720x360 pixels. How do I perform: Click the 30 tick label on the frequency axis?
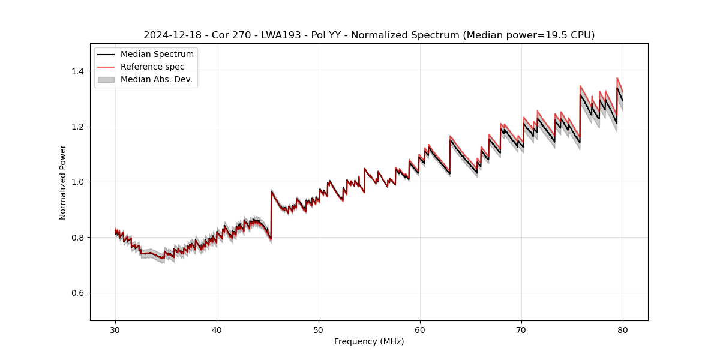pos(115,329)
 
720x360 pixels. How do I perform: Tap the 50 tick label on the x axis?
pos(318,329)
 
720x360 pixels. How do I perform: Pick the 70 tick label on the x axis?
pos(521,329)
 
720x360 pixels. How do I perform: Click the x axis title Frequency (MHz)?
pos(369,341)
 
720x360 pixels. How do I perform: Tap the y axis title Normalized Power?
pos(63,182)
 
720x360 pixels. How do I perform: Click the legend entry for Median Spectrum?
pos(157,55)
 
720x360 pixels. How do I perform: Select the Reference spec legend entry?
pos(152,67)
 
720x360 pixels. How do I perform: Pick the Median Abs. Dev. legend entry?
pos(156,79)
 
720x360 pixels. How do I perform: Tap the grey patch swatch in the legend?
pos(106,79)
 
